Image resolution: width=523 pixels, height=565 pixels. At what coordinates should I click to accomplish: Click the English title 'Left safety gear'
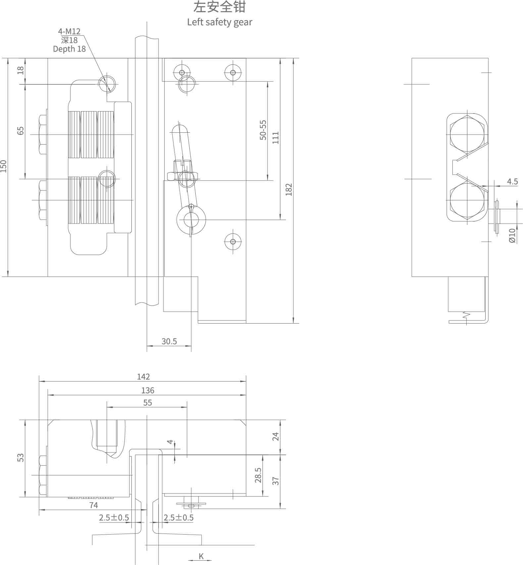pyautogui.click(x=219, y=22)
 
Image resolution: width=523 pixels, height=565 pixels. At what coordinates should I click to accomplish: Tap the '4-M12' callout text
pyautogui.click(x=69, y=31)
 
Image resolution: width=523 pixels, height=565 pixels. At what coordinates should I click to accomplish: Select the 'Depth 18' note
pyautogui.click(x=69, y=49)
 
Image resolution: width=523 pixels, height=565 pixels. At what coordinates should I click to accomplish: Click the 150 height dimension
pyautogui.click(x=4, y=166)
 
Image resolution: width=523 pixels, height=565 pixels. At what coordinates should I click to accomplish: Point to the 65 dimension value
pyautogui.click(x=21, y=131)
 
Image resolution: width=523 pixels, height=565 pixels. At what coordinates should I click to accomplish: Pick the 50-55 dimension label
pyautogui.click(x=263, y=130)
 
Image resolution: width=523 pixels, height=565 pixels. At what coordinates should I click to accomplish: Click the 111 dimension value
pyautogui.click(x=276, y=138)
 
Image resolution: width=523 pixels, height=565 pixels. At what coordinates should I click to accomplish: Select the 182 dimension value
pyautogui.click(x=289, y=190)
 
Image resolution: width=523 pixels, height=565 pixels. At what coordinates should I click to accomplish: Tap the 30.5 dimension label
pyautogui.click(x=169, y=341)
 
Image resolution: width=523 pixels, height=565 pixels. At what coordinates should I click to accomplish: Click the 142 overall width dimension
pyautogui.click(x=143, y=377)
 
